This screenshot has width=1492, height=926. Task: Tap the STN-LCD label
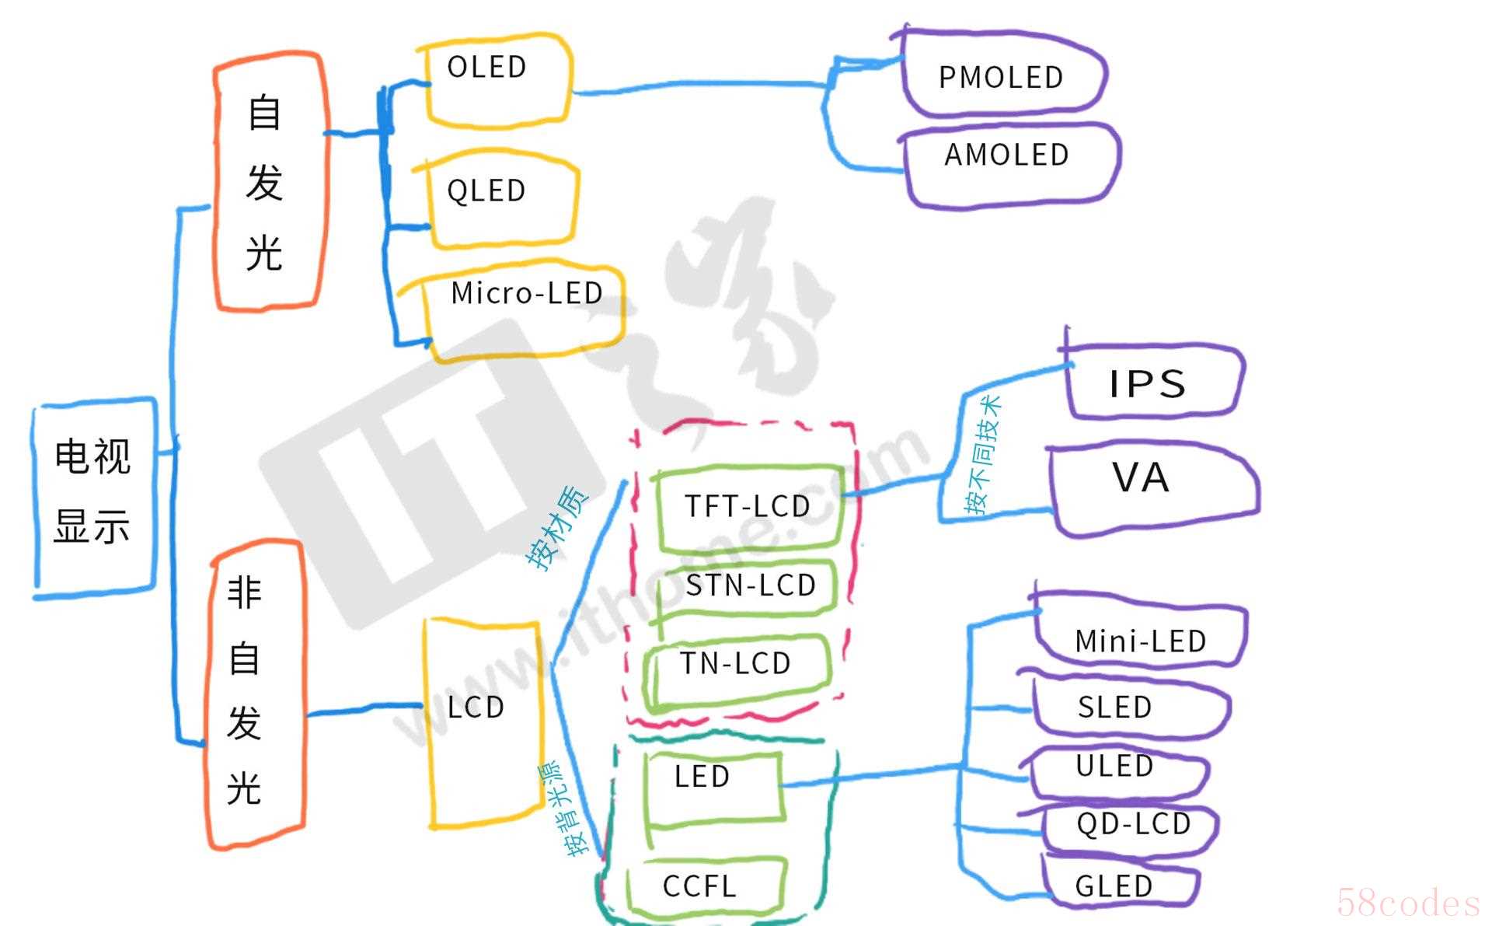point(750,585)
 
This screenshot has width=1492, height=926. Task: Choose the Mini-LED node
point(1138,634)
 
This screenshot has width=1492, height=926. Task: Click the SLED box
point(1127,706)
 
